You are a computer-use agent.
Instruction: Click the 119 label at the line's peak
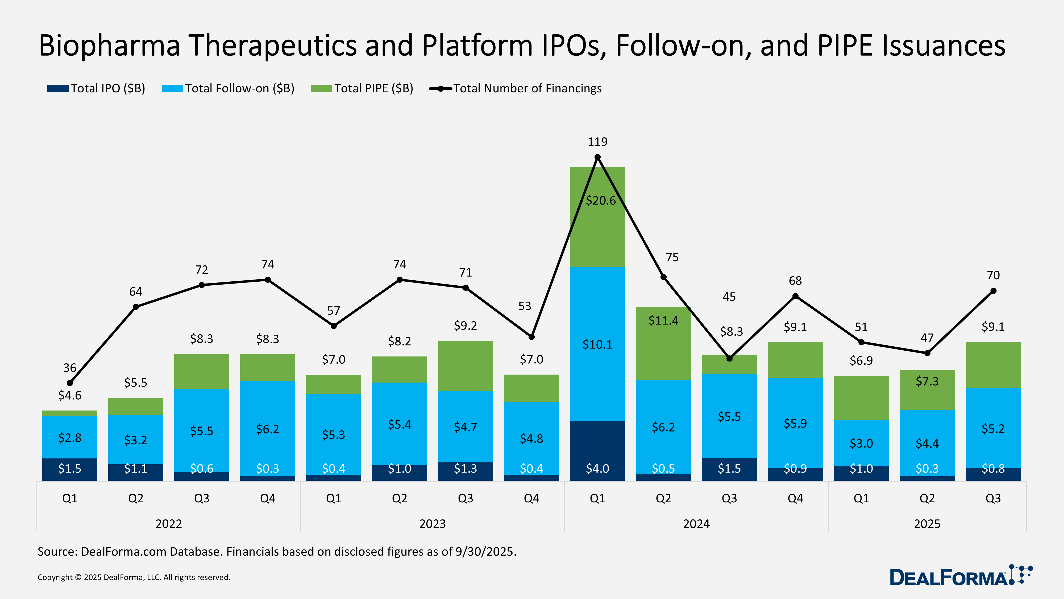point(597,142)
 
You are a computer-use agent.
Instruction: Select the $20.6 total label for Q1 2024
point(601,200)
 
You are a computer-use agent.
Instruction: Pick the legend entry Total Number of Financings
point(516,88)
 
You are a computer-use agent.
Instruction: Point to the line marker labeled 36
point(70,383)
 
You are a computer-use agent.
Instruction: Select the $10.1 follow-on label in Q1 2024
point(597,344)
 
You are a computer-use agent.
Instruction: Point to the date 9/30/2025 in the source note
point(485,551)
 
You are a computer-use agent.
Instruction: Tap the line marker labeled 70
point(993,291)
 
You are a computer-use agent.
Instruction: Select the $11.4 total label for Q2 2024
point(663,320)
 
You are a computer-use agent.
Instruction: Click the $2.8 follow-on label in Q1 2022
point(70,437)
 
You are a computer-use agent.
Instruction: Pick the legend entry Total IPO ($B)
point(96,88)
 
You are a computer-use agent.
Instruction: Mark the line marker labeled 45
point(729,358)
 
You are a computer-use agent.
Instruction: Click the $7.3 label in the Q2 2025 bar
point(927,381)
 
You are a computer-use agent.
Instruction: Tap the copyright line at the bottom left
point(134,577)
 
